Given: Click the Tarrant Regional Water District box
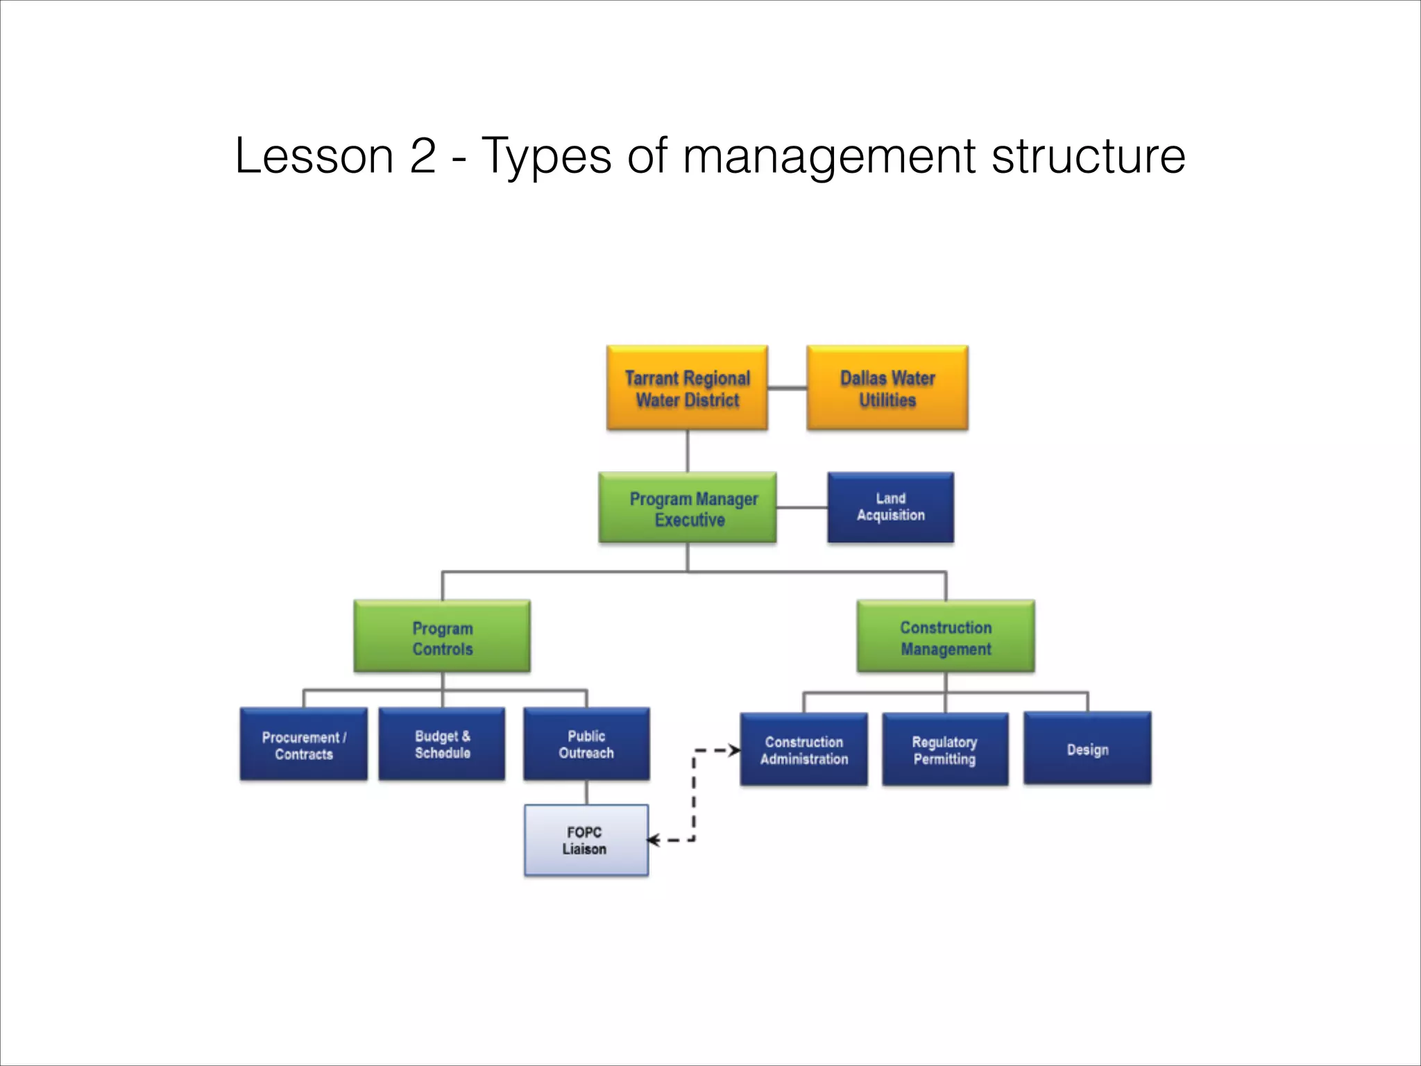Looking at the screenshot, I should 687,388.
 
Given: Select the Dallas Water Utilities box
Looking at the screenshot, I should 887,388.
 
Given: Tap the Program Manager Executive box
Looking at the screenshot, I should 688,508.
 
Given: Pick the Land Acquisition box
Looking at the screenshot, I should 890,507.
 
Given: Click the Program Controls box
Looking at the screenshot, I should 442,636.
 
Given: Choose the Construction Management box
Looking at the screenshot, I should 946,636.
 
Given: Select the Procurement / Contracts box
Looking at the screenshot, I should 303,744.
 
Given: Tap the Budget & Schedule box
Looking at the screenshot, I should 442,744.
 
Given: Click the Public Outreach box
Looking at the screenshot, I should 586,744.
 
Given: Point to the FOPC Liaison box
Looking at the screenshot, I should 586,840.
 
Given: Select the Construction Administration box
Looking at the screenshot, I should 803,750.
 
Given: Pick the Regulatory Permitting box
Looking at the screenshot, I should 945,750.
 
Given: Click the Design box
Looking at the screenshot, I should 1087,748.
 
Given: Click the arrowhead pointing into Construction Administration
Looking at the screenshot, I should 734,750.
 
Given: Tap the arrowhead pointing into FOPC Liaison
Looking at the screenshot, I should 654,840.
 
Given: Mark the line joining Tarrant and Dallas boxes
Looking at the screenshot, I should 787,388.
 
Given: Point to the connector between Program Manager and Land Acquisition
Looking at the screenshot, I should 801,508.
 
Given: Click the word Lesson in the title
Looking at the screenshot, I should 314,156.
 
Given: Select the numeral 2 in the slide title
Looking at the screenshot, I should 423,156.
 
